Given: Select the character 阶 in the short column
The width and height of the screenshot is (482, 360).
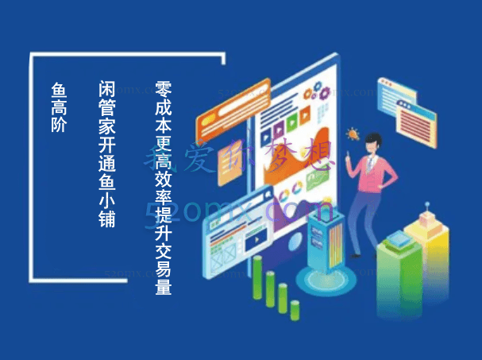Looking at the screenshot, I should coord(59,124).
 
